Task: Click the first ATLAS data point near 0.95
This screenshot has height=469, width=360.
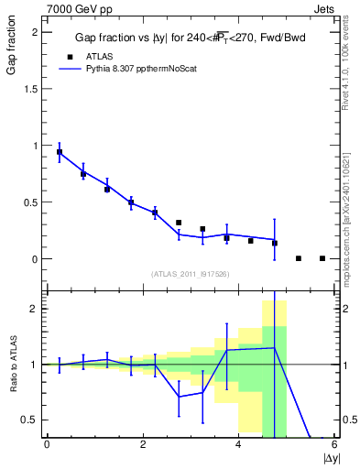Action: tap(60, 152)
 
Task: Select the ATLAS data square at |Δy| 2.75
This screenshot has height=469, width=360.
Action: tap(179, 223)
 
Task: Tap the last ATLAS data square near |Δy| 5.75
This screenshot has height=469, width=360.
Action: tap(322, 258)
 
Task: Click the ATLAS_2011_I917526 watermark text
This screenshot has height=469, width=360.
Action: tap(191, 274)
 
